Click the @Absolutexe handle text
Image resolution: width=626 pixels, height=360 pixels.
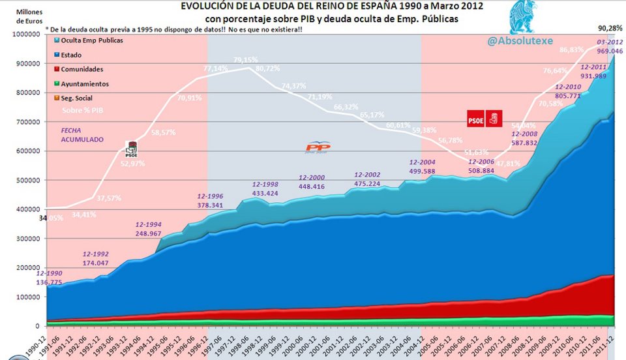click(x=519, y=41)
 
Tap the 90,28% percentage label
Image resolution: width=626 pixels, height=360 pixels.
click(x=610, y=28)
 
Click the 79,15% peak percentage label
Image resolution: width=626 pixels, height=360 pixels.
click(x=247, y=60)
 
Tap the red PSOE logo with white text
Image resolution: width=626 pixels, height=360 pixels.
click(x=476, y=119)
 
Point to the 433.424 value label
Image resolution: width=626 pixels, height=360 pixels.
click(x=265, y=193)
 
